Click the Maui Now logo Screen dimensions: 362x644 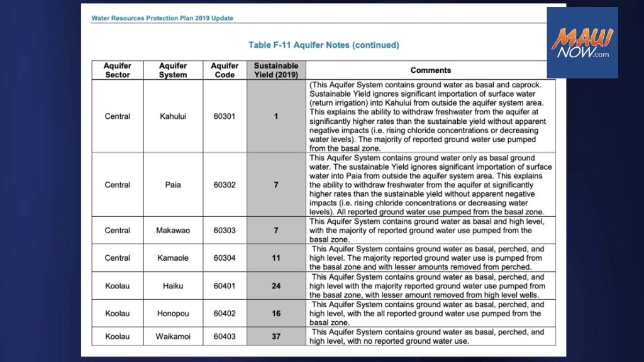click(582, 43)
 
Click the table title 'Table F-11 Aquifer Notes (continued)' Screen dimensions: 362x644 click(323, 45)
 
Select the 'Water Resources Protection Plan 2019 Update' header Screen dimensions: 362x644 click(162, 18)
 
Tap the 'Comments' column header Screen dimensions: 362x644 click(431, 70)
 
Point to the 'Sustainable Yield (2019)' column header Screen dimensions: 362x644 click(276, 70)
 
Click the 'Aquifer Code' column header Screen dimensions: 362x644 click(225, 70)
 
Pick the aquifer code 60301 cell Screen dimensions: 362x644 click(225, 116)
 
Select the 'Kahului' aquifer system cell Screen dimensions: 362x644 click(173, 116)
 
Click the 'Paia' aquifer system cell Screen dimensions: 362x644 click(173, 185)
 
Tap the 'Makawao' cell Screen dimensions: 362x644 click(173, 231)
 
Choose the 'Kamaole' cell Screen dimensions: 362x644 click(173, 258)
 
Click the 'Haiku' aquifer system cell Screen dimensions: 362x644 click(173, 285)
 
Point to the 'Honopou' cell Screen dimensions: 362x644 click(173, 313)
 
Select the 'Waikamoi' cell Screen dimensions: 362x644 click(173, 336)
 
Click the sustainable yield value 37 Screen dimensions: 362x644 click(276, 336)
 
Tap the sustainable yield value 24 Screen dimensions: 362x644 click(276, 285)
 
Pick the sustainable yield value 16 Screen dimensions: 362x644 click(276, 313)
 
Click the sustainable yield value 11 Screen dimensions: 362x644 click(276, 258)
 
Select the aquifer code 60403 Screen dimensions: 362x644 click(225, 336)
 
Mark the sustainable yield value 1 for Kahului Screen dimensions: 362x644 click(276, 116)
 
